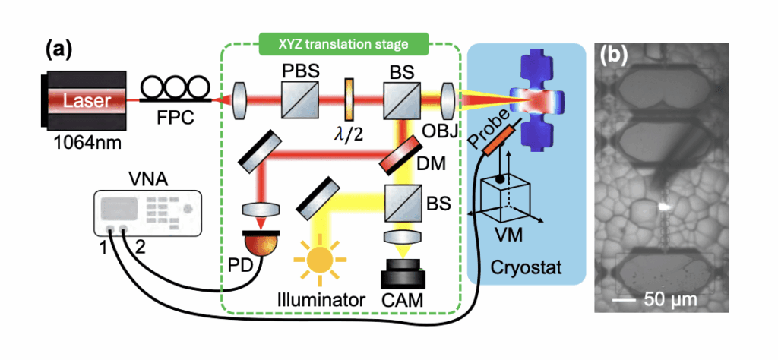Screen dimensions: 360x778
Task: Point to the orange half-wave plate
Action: coord(349,99)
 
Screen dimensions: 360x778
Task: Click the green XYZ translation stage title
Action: coord(343,43)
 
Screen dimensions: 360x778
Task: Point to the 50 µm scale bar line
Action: coord(625,302)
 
